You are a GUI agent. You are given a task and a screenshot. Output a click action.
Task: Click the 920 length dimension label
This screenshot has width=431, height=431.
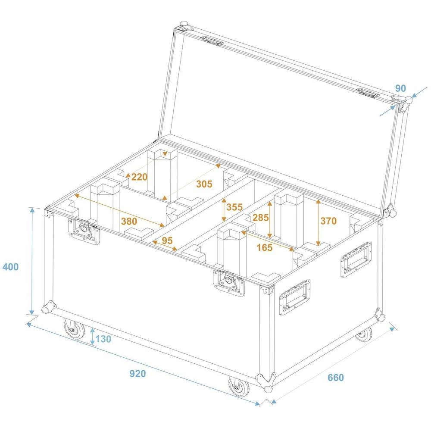coord(138,374)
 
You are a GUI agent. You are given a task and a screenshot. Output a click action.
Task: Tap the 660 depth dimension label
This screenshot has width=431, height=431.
coord(336,378)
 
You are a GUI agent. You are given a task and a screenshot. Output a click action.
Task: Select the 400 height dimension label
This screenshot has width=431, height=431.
coord(10,267)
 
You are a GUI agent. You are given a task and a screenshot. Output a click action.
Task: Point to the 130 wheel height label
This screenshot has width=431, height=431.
coord(103,339)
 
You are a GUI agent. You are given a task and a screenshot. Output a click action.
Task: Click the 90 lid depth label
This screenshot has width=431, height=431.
coord(400,88)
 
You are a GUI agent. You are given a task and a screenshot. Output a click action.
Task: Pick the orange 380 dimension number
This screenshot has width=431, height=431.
coord(129,222)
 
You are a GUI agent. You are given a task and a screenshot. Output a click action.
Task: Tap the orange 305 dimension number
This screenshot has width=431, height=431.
coord(204,184)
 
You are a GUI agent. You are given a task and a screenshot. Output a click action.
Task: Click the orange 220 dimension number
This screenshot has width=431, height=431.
coord(140,177)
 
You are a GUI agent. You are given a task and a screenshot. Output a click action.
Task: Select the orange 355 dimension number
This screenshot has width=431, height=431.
coord(234,207)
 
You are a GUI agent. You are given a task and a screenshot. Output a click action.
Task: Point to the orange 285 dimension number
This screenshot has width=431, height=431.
coord(260,218)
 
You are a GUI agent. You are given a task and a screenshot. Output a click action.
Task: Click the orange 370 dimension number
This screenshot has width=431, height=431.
coord(328,221)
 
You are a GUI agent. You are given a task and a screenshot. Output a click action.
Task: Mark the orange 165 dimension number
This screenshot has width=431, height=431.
coord(264,247)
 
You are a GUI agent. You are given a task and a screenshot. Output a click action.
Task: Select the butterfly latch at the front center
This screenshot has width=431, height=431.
coord(229,283)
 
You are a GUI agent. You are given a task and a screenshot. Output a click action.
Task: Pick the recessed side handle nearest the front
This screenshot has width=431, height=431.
coord(295,297)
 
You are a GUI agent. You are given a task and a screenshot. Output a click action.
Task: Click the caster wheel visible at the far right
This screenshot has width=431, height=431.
coord(364,334)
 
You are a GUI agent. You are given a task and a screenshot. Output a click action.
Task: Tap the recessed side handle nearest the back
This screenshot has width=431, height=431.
coord(356,259)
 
